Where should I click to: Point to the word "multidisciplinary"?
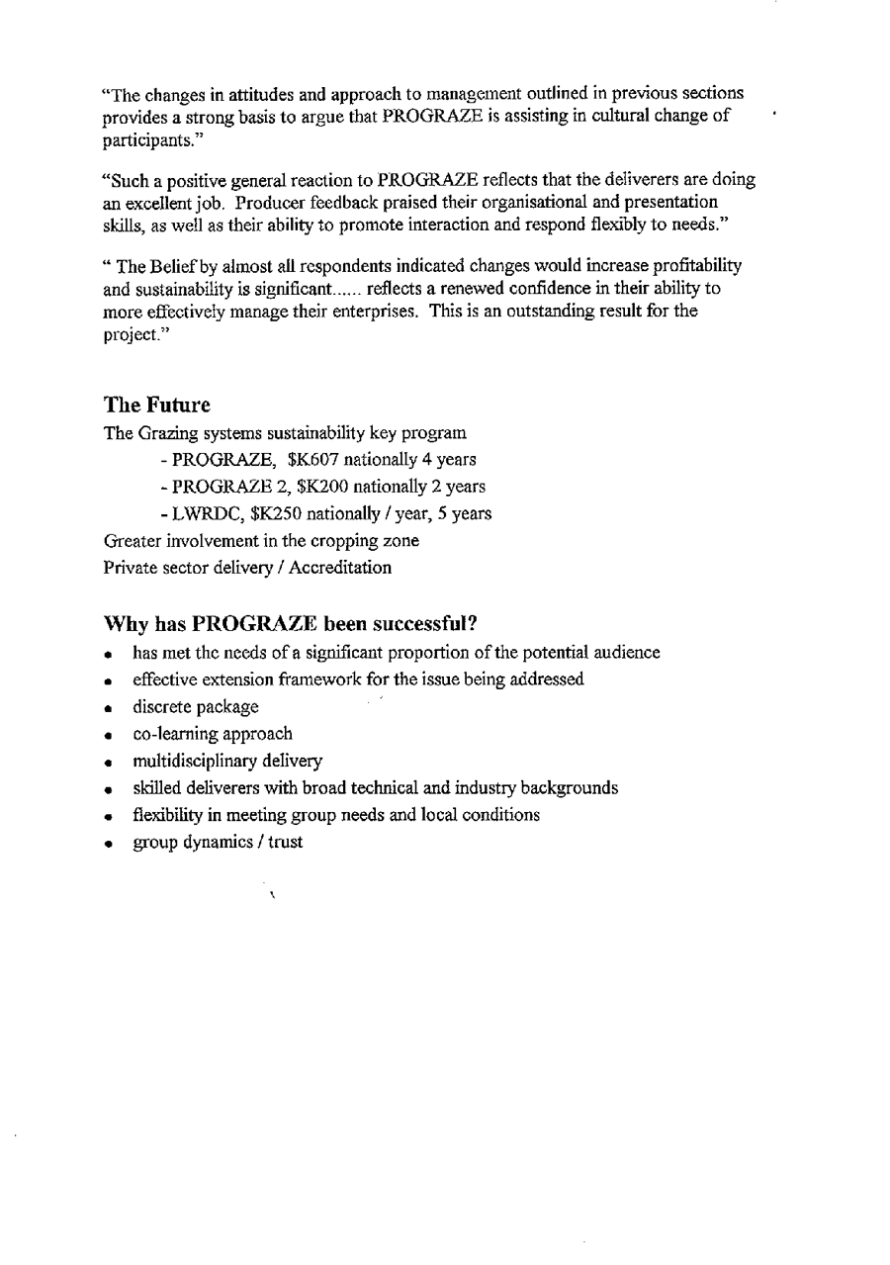[x=189, y=761]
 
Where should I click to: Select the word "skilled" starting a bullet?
[x=154, y=788]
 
